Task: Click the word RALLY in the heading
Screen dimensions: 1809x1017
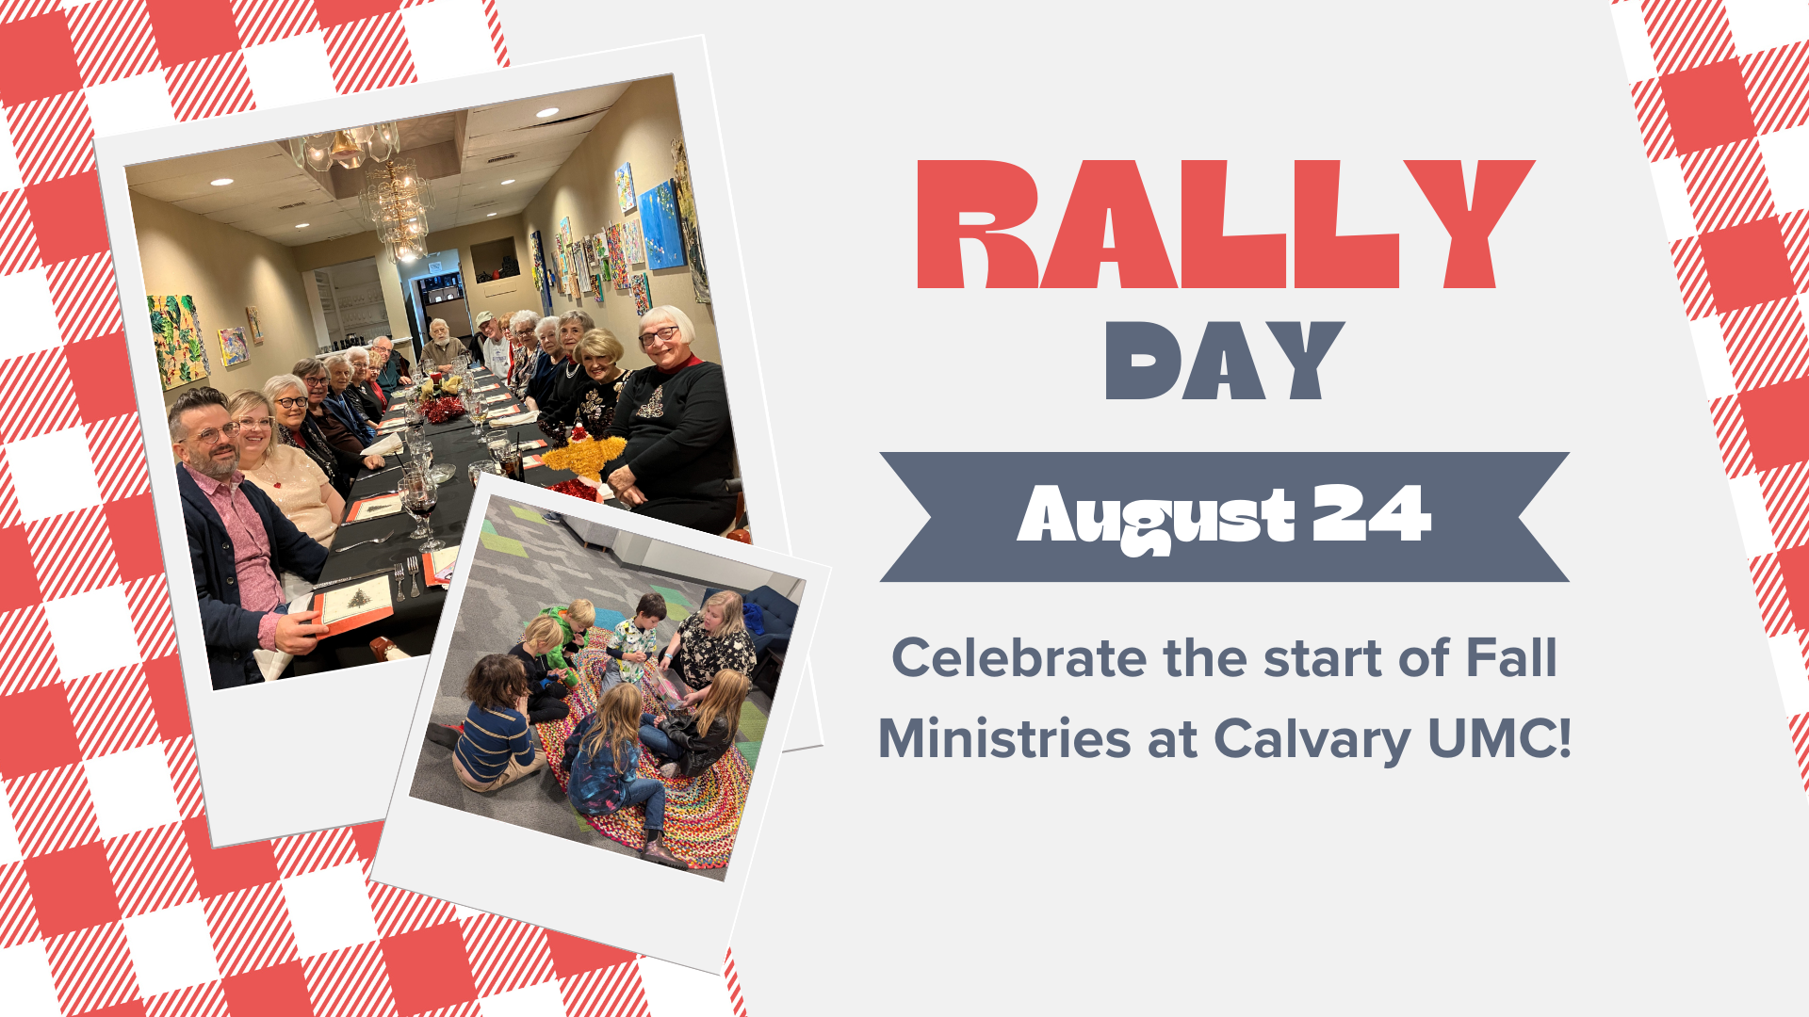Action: (x=1225, y=224)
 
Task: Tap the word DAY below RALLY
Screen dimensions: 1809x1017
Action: (x=1224, y=361)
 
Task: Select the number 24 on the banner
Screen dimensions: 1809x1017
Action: (x=1371, y=513)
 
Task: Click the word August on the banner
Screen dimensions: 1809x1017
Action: (x=1157, y=518)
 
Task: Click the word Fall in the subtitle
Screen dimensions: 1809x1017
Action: (x=1511, y=657)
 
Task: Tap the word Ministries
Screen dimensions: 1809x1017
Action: (x=1004, y=737)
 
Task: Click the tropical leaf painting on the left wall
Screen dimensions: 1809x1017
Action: (x=177, y=339)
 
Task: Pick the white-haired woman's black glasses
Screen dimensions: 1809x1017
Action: (x=658, y=334)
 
